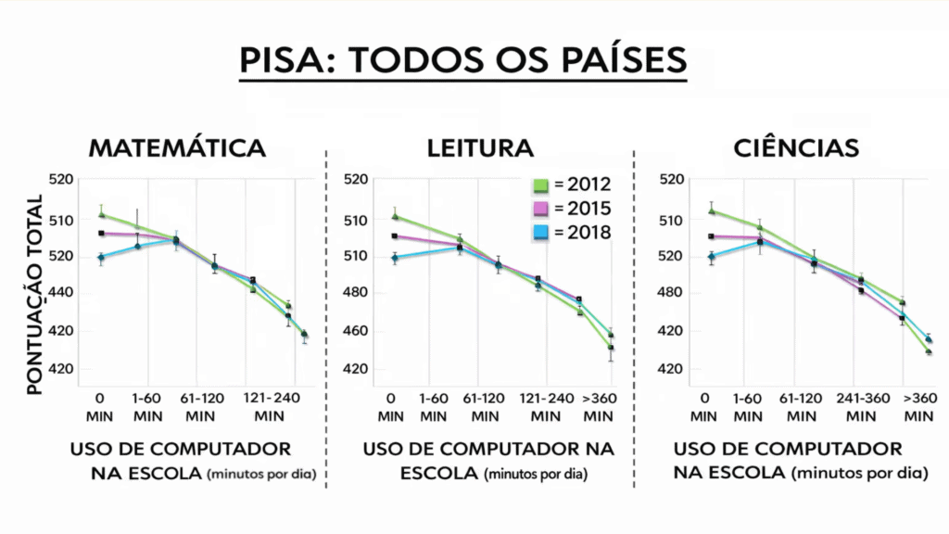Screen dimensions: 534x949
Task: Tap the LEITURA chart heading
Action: [480, 148]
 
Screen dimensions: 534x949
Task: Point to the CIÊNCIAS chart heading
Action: [796, 148]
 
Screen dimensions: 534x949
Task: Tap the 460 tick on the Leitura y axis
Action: [357, 331]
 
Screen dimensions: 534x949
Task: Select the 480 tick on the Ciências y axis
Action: [669, 293]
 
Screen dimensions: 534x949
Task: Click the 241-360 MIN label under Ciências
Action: [859, 406]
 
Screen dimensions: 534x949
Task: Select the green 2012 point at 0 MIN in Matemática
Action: [102, 214]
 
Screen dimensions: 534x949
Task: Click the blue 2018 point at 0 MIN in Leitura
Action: [394, 258]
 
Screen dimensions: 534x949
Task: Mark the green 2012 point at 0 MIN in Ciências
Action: [711, 210]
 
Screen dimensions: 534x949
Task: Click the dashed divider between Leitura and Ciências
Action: [634, 315]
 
